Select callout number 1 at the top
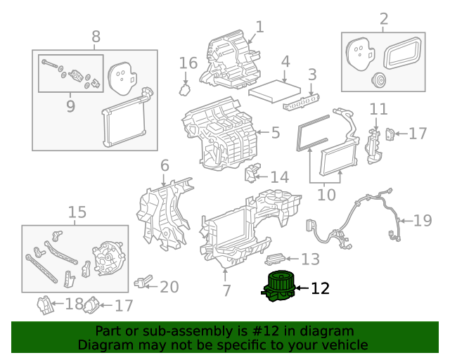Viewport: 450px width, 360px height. pyautogui.click(x=259, y=27)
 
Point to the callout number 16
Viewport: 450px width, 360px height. pyautogui.click(x=188, y=63)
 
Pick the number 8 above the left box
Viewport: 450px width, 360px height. pyautogui.click(x=96, y=36)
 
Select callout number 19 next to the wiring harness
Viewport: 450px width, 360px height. pyautogui.click(x=422, y=221)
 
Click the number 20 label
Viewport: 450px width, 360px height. pyautogui.click(x=169, y=287)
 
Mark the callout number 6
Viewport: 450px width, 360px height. pyautogui.click(x=165, y=166)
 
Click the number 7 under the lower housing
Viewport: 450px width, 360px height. pyautogui.click(x=226, y=290)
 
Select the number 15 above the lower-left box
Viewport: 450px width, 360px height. pyautogui.click(x=77, y=212)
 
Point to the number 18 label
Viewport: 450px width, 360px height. pyautogui.click(x=74, y=304)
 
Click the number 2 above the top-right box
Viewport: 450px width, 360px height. pyautogui.click(x=383, y=18)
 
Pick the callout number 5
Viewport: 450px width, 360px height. pyautogui.click(x=275, y=132)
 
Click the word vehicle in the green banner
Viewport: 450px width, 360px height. pyautogui.click(x=343, y=345)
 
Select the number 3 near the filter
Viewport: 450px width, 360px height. pyautogui.click(x=311, y=73)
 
